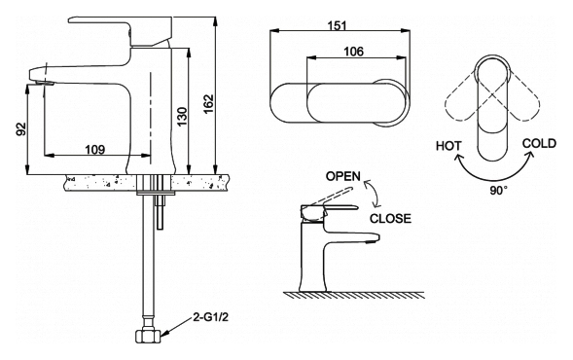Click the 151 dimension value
tap(337, 25)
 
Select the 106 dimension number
tap(354, 52)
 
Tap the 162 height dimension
tap(208, 104)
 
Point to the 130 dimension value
tap(182, 116)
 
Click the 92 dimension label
tap(21, 128)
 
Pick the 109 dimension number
tap(95, 149)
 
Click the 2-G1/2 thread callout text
tap(210, 317)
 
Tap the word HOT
tap(448, 146)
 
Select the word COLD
tap(539, 144)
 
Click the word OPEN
tap(343, 176)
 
